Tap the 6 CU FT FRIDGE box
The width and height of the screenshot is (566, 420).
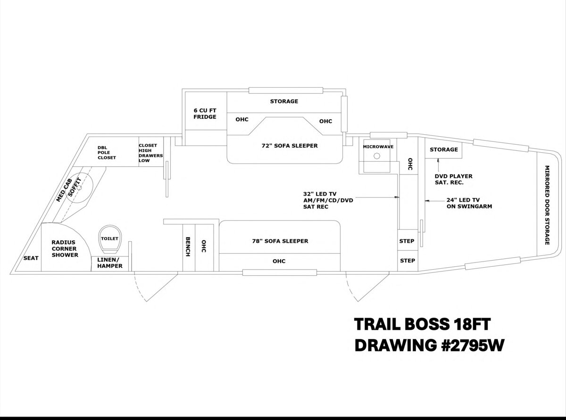tap(205, 113)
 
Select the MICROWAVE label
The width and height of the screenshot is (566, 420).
tap(378, 147)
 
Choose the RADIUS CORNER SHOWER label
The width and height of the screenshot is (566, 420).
tap(65, 249)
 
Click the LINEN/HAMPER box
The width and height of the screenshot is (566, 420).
tap(110, 263)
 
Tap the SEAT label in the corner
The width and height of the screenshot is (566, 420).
tap(31, 258)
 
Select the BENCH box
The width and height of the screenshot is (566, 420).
tap(188, 247)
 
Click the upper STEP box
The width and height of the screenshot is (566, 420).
tap(407, 241)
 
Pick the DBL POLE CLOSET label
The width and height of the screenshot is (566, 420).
tap(107, 152)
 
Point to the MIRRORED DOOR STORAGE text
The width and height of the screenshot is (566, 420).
tap(547, 205)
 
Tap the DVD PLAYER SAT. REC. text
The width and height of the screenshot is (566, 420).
tap(453, 179)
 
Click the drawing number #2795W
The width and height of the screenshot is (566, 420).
tap(456, 346)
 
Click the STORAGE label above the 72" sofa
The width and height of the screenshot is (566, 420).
tap(284, 101)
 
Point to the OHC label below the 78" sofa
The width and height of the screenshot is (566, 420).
tap(279, 261)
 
